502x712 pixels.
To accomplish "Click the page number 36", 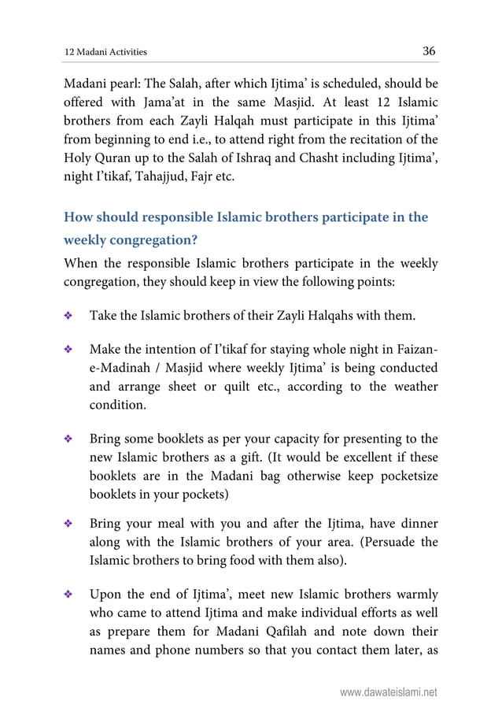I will point(429,51).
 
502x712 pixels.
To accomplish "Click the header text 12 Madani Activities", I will point(105,53).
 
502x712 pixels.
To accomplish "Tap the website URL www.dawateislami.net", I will point(389,693).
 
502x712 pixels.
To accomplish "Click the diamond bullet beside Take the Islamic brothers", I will point(68,317).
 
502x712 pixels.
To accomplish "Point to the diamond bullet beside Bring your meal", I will point(68,523).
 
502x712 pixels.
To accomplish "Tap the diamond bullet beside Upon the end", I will point(68,595).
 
